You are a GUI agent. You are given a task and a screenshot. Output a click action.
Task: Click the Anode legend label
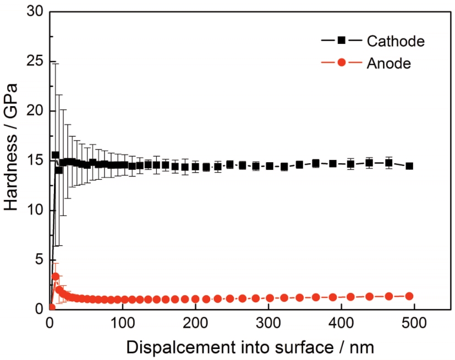pos(389,63)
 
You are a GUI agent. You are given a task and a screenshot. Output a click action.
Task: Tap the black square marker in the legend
pos(341,40)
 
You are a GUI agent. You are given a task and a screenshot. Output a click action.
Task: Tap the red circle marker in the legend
pos(341,63)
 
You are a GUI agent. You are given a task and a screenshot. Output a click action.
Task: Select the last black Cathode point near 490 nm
pos(409,166)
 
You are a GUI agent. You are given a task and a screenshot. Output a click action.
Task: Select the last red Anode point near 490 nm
pos(409,296)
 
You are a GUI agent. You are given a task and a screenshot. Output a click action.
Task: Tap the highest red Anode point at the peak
pos(56,276)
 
